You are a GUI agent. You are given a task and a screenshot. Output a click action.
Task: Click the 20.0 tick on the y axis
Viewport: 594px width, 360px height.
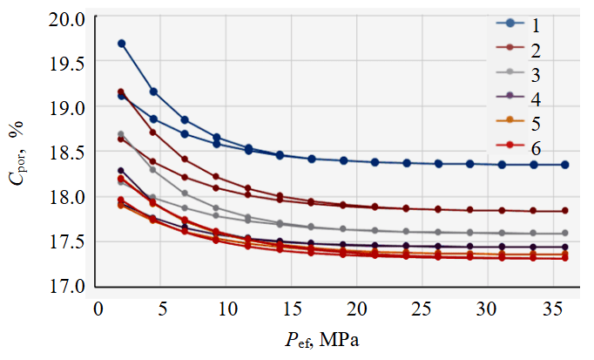click(x=69, y=18)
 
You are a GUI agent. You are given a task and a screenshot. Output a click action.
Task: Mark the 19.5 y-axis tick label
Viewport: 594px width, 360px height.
click(x=69, y=64)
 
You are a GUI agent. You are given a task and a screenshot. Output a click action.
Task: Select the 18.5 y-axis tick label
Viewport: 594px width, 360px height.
click(x=69, y=153)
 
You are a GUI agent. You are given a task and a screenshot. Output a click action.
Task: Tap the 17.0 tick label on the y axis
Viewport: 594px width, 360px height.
click(x=69, y=287)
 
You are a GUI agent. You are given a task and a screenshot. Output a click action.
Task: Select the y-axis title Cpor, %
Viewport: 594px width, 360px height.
click(x=17, y=153)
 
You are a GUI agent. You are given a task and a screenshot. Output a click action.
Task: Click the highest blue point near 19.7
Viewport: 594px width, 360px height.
click(x=122, y=44)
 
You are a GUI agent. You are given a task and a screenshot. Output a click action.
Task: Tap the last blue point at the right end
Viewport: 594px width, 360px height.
click(x=565, y=165)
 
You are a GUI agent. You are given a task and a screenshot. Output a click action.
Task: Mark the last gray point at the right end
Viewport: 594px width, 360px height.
click(x=565, y=233)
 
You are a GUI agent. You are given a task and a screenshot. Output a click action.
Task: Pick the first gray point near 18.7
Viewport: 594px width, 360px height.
click(x=121, y=134)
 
